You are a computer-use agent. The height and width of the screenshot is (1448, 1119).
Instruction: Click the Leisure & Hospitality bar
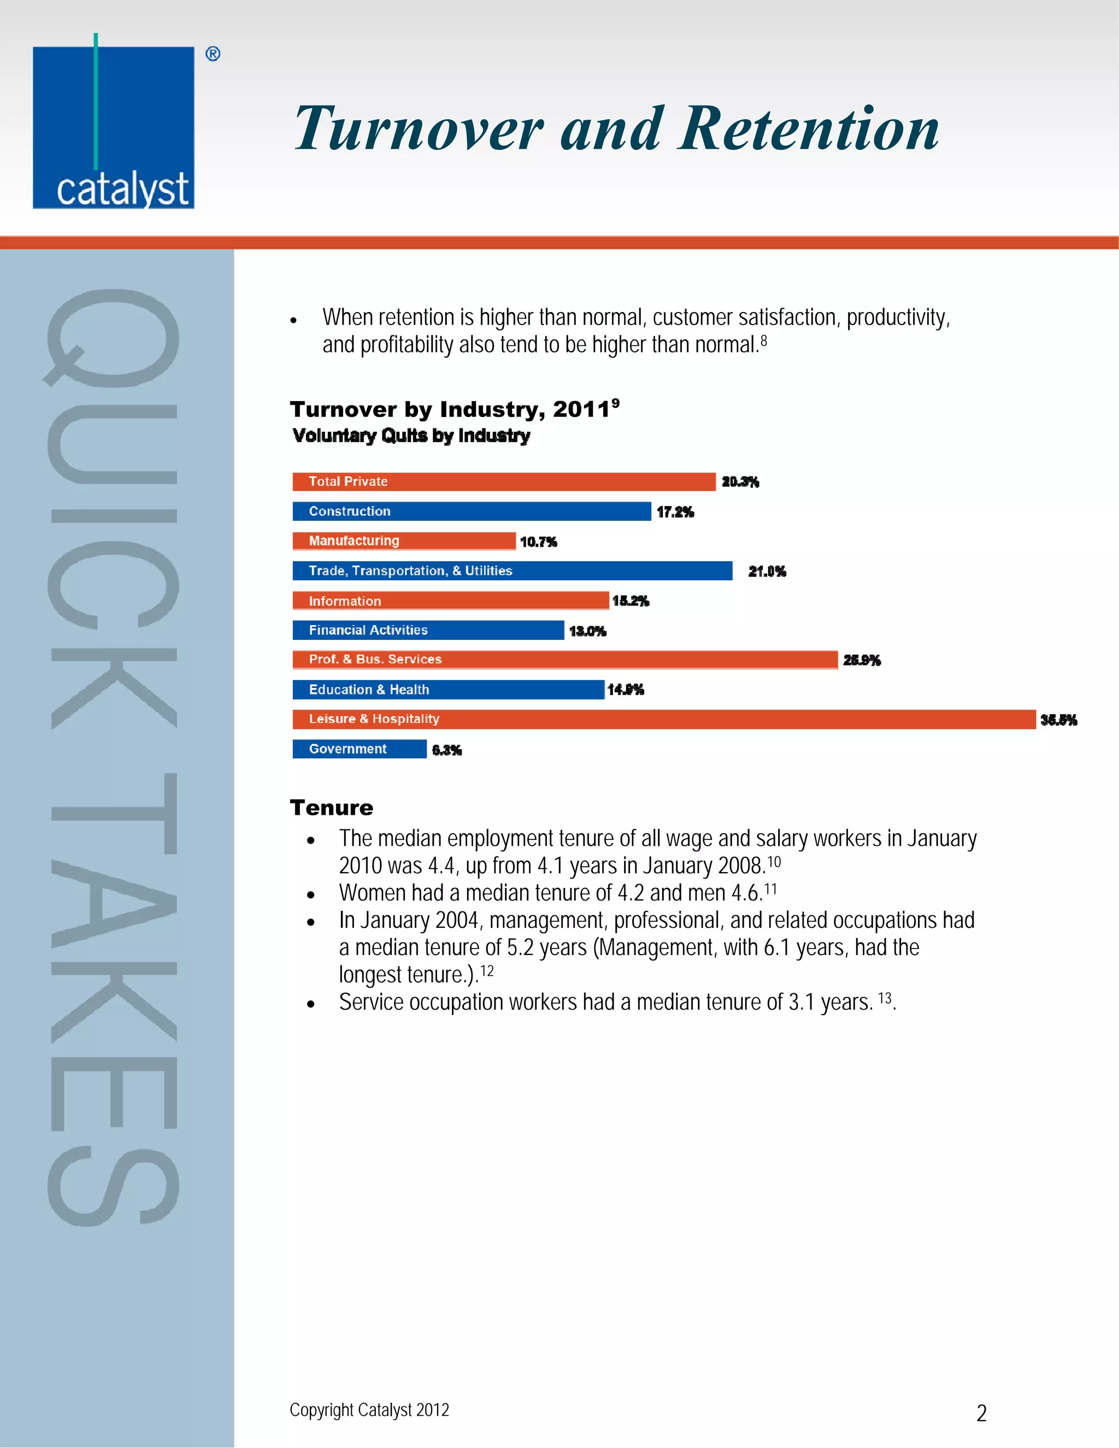coord(663,720)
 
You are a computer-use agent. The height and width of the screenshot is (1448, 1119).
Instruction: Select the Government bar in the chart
coord(360,749)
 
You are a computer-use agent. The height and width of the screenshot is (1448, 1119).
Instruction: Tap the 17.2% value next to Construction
coord(675,512)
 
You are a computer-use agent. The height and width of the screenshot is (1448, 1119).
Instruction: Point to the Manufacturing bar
coord(404,541)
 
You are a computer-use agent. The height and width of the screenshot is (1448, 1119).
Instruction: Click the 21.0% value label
coord(767,572)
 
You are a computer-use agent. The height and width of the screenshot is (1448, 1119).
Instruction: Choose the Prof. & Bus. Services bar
coord(565,660)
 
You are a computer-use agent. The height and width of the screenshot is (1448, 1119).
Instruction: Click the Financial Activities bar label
coord(369,631)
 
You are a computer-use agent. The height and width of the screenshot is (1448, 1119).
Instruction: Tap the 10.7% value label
coord(538,543)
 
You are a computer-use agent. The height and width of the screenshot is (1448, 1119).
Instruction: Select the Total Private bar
coord(504,482)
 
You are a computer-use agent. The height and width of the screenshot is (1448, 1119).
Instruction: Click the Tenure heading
coord(332,808)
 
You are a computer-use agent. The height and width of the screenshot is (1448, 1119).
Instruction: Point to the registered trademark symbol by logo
coord(213,54)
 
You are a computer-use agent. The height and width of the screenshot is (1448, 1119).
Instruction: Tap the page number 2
coord(982,1414)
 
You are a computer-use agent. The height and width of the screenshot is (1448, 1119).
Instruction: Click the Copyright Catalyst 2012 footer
coord(369,1410)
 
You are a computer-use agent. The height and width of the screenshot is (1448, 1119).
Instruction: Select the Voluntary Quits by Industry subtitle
coord(411,435)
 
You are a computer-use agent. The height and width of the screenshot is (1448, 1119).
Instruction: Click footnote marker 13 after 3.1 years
coord(885,998)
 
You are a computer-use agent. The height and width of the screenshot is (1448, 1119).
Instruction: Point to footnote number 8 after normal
coord(764,341)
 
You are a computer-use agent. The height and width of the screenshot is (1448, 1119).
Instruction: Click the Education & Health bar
coord(448,690)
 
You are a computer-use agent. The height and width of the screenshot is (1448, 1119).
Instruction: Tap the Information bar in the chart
coord(451,601)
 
